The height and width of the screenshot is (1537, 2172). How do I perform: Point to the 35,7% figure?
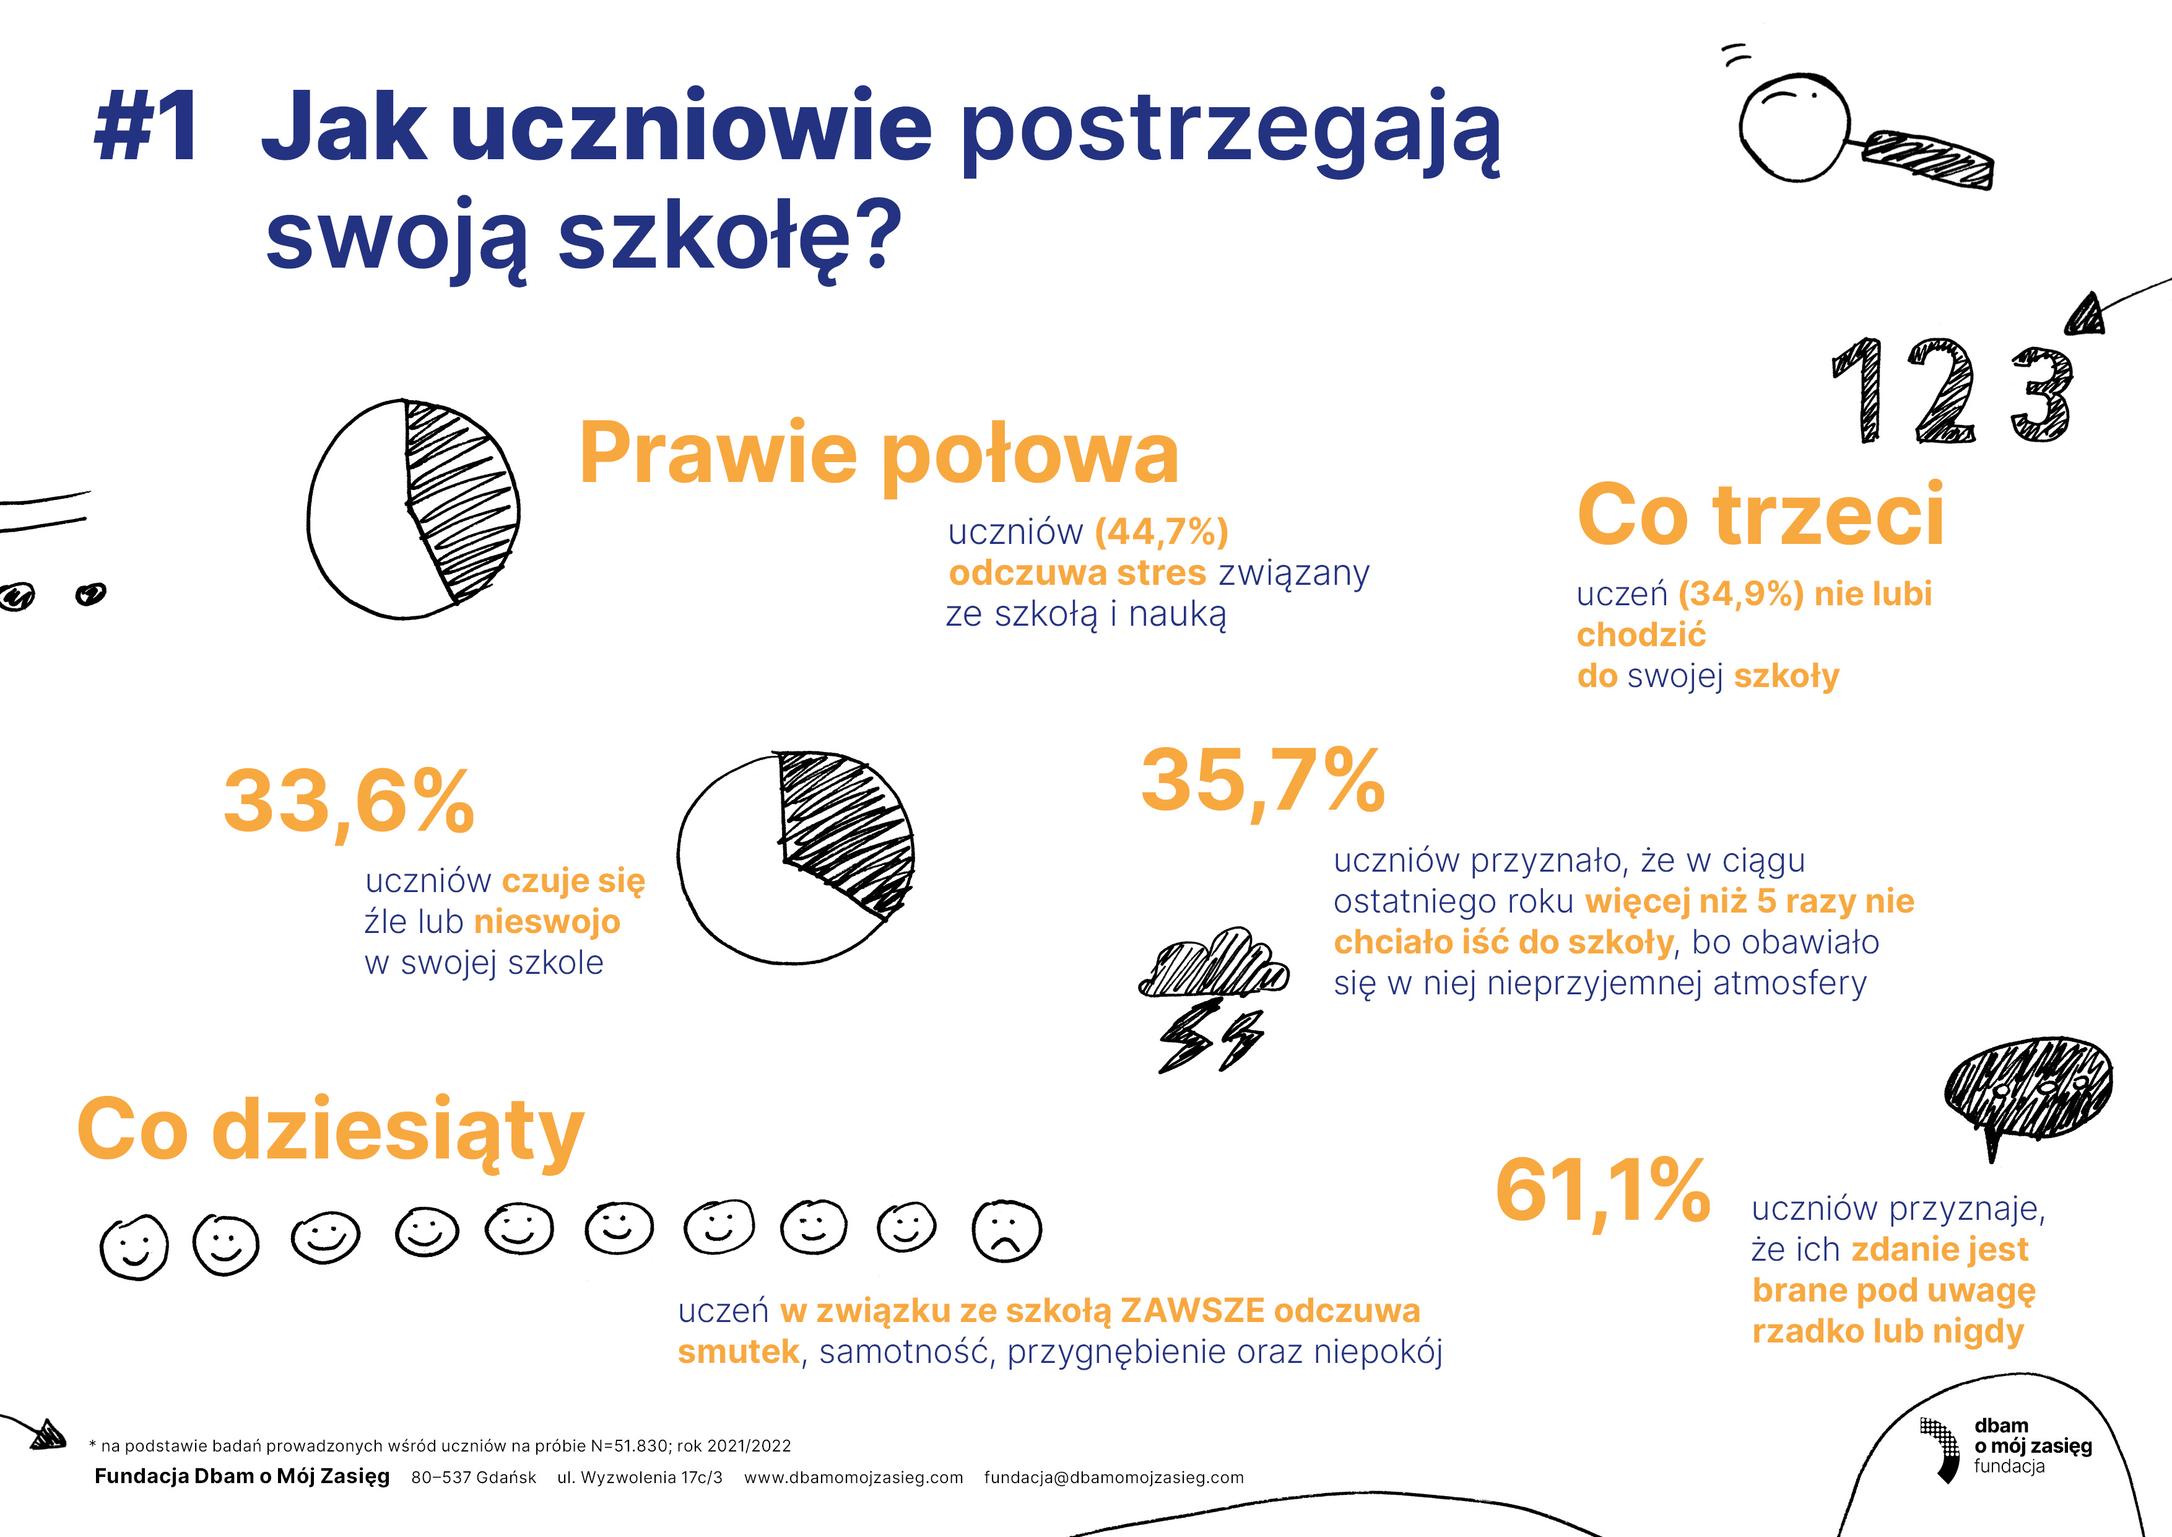coord(1263,781)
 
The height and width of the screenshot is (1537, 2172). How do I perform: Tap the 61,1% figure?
coord(1602,1191)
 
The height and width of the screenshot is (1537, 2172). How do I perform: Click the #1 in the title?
coord(147,126)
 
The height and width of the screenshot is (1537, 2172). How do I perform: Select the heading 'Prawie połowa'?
coord(878,454)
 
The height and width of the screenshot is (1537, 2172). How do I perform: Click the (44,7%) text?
coord(1162,532)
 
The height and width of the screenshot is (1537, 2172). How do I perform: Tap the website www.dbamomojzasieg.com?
coord(853,1478)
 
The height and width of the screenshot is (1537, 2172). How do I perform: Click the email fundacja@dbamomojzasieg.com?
coord(1113,1478)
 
